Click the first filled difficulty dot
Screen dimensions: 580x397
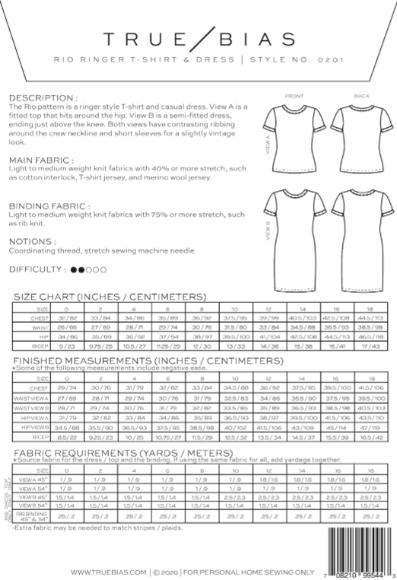point(74,269)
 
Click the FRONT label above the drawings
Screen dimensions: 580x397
point(294,97)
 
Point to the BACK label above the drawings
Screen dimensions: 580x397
point(360,97)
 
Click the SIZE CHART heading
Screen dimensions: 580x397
point(110,296)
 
